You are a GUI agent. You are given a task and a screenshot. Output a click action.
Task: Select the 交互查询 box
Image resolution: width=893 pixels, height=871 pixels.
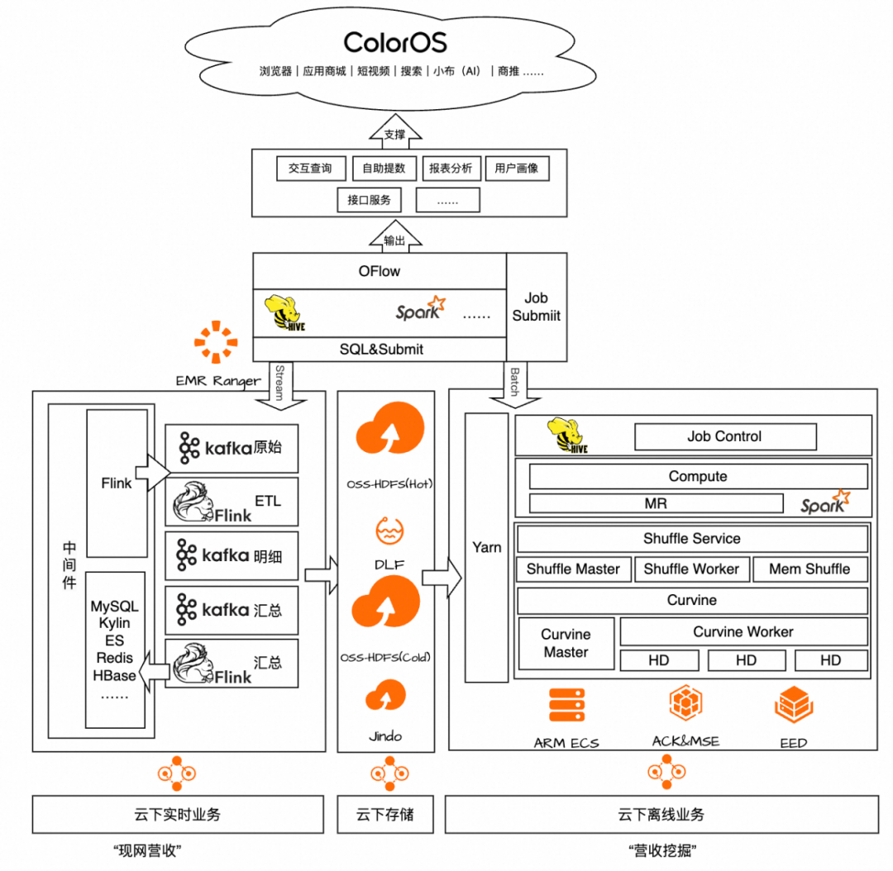click(x=310, y=169)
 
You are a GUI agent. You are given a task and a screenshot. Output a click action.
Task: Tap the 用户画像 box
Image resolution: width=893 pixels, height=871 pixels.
click(x=517, y=169)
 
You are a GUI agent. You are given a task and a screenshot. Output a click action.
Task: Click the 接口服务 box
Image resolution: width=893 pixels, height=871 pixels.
click(x=369, y=200)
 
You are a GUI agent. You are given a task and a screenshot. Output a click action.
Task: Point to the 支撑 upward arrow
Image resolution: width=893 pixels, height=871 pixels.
click(x=394, y=132)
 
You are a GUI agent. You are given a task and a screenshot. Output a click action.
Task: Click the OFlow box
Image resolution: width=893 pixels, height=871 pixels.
click(x=380, y=271)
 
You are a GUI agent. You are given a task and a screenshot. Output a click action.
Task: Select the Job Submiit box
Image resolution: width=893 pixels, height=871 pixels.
click(x=537, y=307)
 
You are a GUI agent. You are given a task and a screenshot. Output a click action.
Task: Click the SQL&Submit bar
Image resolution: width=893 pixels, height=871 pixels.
click(x=380, y=350)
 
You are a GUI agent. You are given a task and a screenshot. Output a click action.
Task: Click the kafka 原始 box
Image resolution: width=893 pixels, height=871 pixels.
click(x=232, y=448)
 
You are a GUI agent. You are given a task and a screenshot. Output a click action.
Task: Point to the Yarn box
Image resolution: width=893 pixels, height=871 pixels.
click(x=487, y=547)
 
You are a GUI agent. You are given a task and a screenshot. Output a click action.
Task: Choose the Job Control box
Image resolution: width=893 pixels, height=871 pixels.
click(x=724, y=436)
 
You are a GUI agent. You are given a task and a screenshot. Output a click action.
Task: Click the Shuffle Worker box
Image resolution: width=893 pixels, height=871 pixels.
click(x=692, y=569)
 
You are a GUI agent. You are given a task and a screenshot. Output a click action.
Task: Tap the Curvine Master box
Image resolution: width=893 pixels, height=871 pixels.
click(x=566, y=644)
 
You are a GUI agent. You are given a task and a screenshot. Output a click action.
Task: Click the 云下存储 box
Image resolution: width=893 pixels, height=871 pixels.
click(x=384, y=815)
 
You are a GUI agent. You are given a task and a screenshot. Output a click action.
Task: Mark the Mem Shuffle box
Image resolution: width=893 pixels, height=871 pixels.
click(x=809, y=569)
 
